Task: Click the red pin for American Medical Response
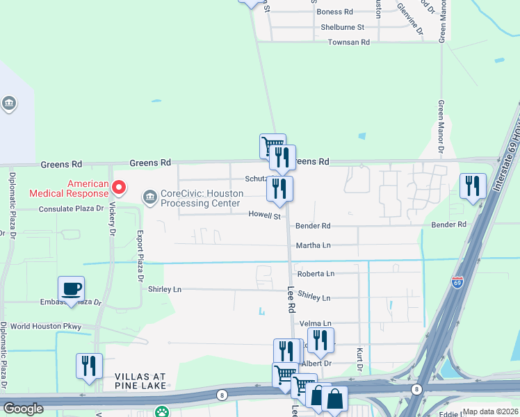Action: [118, 187]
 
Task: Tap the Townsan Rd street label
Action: [349, 42]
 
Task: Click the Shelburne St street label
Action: [342, 27]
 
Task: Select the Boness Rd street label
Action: [334, 12]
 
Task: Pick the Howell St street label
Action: [264, 216]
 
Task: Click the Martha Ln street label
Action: [313, 245]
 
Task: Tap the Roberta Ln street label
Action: [316, 274]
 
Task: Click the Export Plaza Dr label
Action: [140, 254]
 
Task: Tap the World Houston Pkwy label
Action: [46, 326]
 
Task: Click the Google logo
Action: [23, 409]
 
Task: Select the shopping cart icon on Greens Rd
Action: [272, 145]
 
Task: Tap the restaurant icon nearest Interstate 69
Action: [473, 186]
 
